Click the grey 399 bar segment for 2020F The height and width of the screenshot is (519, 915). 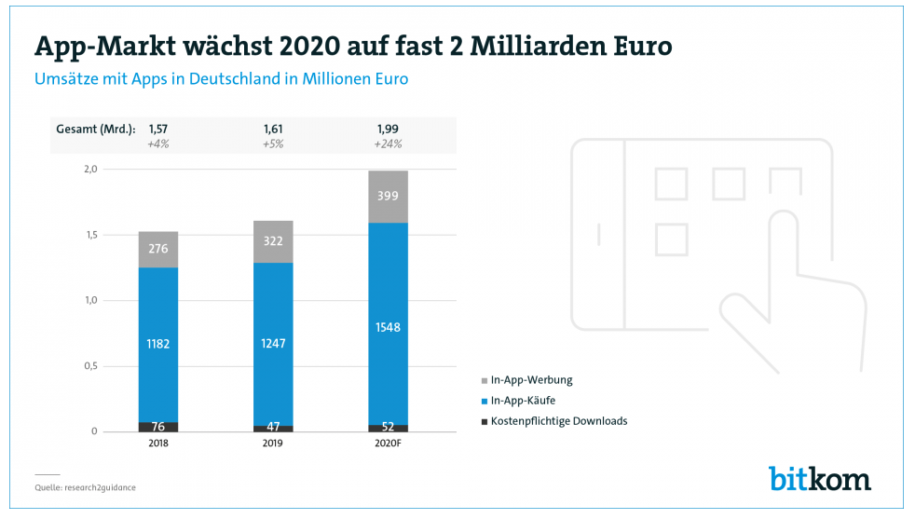coord(388,197)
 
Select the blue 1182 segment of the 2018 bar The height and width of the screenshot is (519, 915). coord(157,344)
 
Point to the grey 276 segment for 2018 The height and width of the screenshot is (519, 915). coord(157,249)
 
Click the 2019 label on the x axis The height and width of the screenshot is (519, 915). coord(273,444)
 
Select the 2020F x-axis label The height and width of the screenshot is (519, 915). coord(388,444)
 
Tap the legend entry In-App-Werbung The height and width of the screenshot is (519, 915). coord(531,380)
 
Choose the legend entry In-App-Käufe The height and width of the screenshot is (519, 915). coord(523,401)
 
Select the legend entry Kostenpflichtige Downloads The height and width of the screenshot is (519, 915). coord(558,421)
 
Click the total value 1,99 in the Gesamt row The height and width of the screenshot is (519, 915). coord(388,129)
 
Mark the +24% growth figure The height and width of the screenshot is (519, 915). coord(388,143)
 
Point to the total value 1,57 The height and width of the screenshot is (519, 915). coord(157,129)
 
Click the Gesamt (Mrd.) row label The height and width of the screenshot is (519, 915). coord(96,129)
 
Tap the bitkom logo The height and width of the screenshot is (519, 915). coord(820,478)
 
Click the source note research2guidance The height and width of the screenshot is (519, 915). coord(78,486)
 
